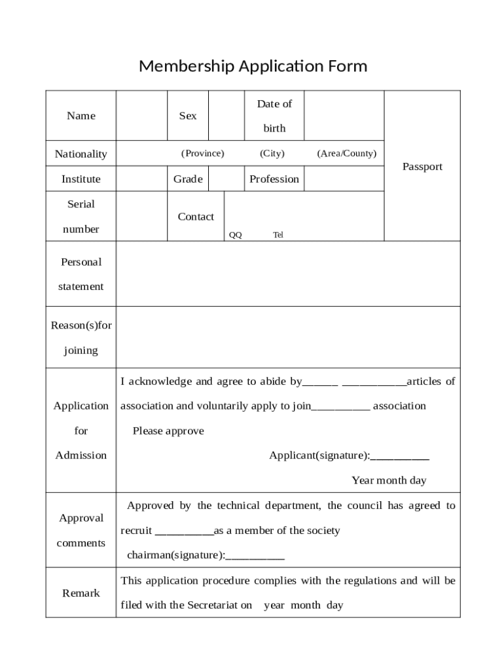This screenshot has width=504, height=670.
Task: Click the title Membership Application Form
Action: pyautogui.click(x=253, y=66)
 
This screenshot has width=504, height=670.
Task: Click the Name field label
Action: pyautogui.click(x=81, y=116)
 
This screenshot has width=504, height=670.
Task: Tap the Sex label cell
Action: pyautogui.click(x=188, y=116)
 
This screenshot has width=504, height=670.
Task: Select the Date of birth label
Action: pyautogui.click(x=274, y=116)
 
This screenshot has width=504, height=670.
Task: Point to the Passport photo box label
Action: pyautogui.click(x=422, y=167)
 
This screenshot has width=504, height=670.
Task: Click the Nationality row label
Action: pyautogui.click(x=81, y=154)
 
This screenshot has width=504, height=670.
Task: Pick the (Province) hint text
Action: pyautogui.click(x=202, y=153)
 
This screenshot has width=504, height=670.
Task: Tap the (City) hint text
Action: pyautogui.click(x=272, y=153)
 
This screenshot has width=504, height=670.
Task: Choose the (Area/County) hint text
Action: pyautogui.click(x=346, y=153)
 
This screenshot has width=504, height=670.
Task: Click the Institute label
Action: pyautogui.click(x=81, y=179)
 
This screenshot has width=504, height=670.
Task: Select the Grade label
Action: pyautogui.click(x=188, y=179)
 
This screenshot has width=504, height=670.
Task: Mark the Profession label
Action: pyautogui.click(x=274, y=179)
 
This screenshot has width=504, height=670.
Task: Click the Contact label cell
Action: pyautogui.click(x=196, y=217)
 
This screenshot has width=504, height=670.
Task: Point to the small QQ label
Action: pyautogui.click(x=235, y=235)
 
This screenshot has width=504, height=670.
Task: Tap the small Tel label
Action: pyautogui.click(x=278, y=235)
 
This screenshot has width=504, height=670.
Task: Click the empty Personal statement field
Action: pyautogui.click(x=288, y=274)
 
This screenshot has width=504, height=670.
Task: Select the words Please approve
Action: pyautogui.click(x=168, y=431)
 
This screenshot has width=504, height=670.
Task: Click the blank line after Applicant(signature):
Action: pyautogui.click(x=400, y=456)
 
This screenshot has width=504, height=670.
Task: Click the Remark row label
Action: pyautogui.click(x=81, y=593)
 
